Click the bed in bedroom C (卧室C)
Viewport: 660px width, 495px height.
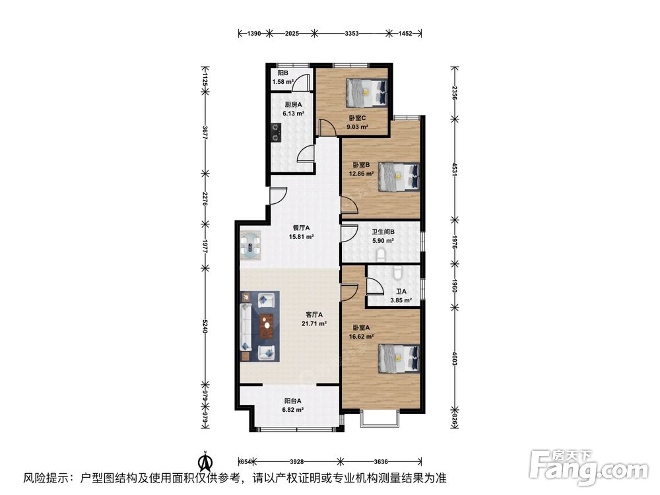pos(366,92)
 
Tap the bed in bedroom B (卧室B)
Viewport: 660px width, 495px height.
pos(399,177)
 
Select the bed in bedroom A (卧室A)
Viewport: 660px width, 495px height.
pos(399,358)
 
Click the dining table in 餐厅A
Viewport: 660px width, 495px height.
pos(251,245)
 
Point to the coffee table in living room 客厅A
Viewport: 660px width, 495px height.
pos(267,326)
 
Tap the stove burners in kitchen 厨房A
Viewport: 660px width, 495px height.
pos(276,132)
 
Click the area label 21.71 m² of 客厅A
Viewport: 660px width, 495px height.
pos(314,323)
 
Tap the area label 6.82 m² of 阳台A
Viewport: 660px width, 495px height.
pos(293,410)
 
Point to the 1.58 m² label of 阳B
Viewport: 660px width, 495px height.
pos(283,82)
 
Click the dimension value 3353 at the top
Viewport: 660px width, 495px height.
pos(352,33)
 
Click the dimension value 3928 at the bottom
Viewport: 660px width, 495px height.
pos(297,462)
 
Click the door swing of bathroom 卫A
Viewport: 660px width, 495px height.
pos(375,285)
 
